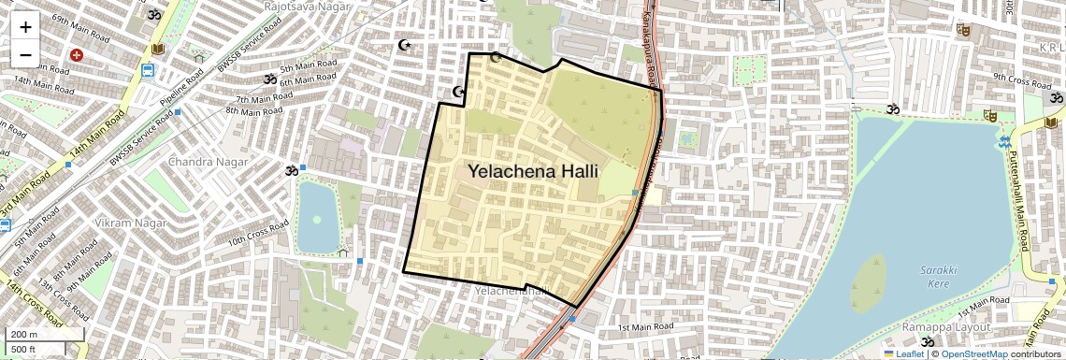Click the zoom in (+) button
[25, 27]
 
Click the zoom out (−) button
[25, 54]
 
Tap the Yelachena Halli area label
[532, 172]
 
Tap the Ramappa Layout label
[941, 328]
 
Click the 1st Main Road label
[645, 326]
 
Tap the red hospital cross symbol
[77, 56]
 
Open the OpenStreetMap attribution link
[974, 353]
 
